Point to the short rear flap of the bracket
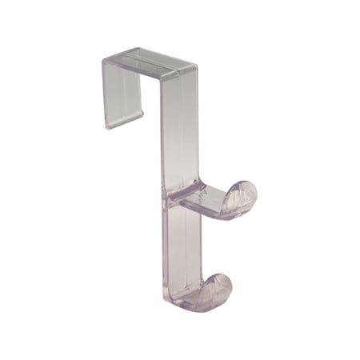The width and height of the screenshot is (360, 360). [x=122, y=92]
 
